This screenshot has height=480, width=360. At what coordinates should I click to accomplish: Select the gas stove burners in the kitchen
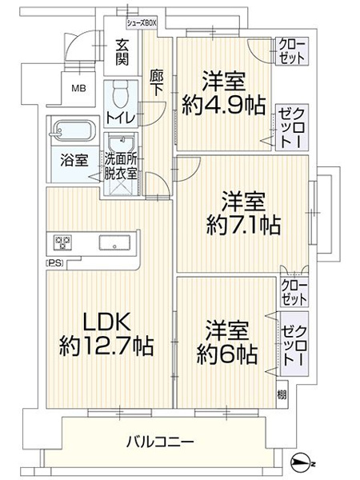63,242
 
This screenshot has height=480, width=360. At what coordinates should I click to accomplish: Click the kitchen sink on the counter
113,242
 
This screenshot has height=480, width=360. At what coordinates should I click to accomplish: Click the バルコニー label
158,441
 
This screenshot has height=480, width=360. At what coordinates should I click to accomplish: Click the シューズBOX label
142,23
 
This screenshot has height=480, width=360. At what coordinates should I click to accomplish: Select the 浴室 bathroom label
74,158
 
